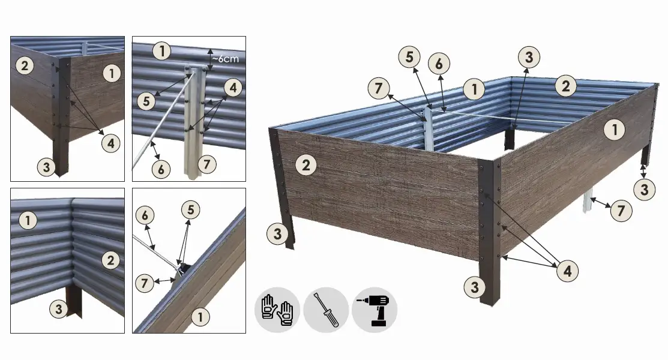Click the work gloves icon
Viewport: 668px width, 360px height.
(x=278, y=310)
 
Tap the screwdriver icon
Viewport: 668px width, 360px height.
(x=326, y=310)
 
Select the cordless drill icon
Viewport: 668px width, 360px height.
(x=374, y=310)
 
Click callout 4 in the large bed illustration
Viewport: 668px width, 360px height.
(x=567, y=271)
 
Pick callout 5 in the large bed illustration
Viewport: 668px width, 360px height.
(x=410, y=58)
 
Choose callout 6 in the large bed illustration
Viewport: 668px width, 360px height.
(x=440, y=64)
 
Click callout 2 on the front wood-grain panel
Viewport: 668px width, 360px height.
(x=306, y=165)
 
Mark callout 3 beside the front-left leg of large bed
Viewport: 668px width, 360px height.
(x=277, y=235)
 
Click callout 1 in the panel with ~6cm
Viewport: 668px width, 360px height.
(x=161, y=51)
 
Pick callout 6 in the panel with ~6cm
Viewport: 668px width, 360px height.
(x=160, y=169)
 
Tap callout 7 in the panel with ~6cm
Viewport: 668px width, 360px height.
(x=206, y=163)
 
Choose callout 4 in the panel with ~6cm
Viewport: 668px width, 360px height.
(x=233, y=89)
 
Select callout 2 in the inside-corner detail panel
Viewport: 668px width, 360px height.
(x=110, y=260)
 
